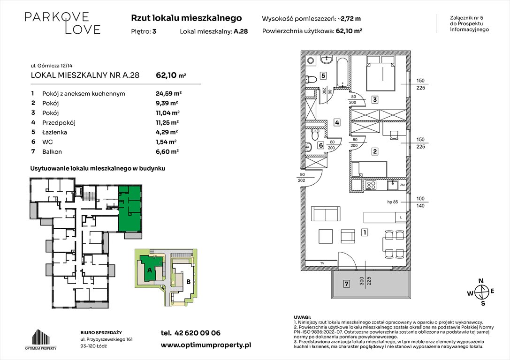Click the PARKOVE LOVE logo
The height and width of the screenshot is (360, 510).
point(62,23)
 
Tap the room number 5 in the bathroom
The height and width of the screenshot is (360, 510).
point(324,75)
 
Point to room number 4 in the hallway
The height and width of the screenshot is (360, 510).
point(337,123)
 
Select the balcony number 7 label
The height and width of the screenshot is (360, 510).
point(346,284)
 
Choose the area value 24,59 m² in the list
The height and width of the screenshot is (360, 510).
point(168,93)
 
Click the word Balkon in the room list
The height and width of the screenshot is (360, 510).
point(52,151)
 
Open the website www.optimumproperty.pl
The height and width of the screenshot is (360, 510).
point(206,345)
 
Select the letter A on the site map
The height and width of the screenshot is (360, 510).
point(149,270)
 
